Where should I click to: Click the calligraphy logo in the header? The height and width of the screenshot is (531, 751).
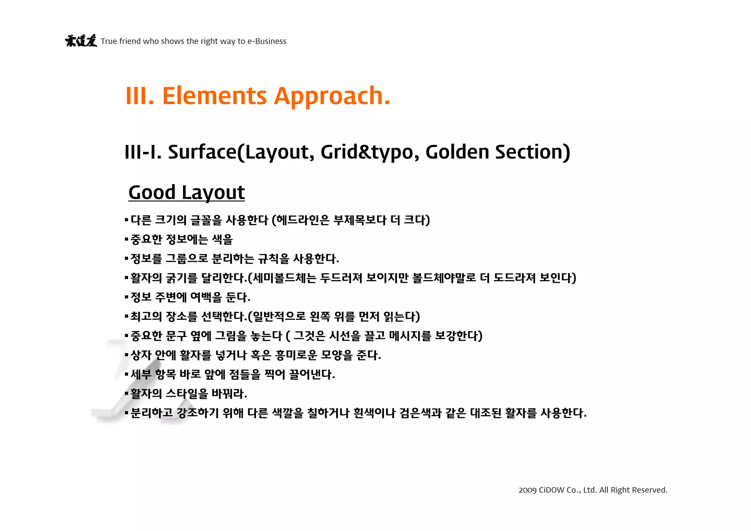81,40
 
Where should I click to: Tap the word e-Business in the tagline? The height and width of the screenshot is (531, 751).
267,41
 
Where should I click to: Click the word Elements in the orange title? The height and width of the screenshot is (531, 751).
215,96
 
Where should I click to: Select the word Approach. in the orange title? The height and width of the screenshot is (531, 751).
332,96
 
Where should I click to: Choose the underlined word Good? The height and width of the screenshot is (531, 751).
152,192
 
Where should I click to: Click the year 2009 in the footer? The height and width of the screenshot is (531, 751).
527,490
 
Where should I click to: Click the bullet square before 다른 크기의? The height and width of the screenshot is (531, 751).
127,220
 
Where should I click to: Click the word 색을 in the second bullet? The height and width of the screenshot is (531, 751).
223,239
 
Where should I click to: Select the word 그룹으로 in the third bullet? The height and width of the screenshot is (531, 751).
187,259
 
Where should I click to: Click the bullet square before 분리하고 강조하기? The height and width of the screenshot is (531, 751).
127,413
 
